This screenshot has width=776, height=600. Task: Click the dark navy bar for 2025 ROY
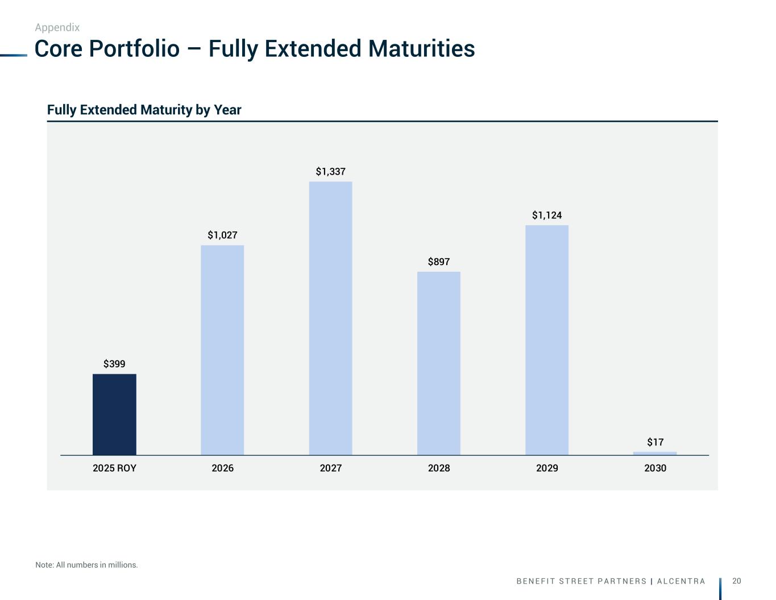coord(114,414)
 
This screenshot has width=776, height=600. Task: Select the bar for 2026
coord(222,350)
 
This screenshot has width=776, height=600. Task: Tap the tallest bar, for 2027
coord(330,318)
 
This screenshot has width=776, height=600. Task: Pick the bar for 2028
coord(438,363)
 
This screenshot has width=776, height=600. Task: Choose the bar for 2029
coord(546,340)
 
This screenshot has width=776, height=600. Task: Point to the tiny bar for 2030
coord(655,453)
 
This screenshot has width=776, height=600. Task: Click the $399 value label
coord(114,364)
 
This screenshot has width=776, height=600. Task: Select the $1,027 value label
coord(222,235)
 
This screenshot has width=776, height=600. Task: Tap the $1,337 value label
coord(330,171)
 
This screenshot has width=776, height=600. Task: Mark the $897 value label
coord(438,262)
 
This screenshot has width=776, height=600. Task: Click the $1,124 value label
coord(546,215)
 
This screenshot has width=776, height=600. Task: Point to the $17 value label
coord(655,442)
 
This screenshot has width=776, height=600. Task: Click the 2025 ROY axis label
coord(114,468)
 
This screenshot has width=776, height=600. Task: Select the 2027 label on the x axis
coord(330,468)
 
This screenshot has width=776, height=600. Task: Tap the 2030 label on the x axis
coord(655,468)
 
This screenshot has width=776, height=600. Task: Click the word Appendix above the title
coord(57,27)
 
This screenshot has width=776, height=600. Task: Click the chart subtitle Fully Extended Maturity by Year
coord(144,110)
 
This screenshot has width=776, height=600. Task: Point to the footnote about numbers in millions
coord(86,565)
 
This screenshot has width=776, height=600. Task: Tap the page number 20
coord(737,581)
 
